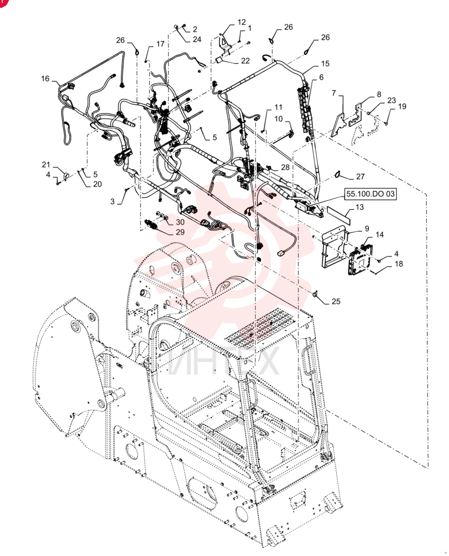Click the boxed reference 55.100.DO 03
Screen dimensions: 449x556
pyautogui.click(x=370, y=194)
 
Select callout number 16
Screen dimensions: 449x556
pyautogui.click(x=45, y=78)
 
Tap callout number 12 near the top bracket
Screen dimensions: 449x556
pyautogui.click(x=241, y=22)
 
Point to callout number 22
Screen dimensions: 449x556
pyautogui.click(x=245, y=61)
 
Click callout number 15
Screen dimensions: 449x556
pyautogui.click(x=325, y=63)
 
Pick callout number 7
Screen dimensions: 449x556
pyautogui.click(x=333, y=93)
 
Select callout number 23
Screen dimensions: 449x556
pyautogui.click(x=391, y=100)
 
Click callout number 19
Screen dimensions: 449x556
pyautogui.click(x=402, y=106)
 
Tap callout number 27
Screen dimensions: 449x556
pyautogui.click(x=360, y=176)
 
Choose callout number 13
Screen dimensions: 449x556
pyautogui.click(x=360, y=207)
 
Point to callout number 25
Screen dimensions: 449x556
pyautogui.click(x=336, y=301)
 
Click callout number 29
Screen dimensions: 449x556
pyautogui.click(x=180, y=232)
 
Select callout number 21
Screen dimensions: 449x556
pyautogui.click(x=46, y=165)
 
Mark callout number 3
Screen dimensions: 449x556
pyautogui.click(x=112, y=201)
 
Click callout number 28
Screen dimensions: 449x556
pyautogui.click(x=285, y=167)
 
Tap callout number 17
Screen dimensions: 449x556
pyautogui.click(x=160, y=43)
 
